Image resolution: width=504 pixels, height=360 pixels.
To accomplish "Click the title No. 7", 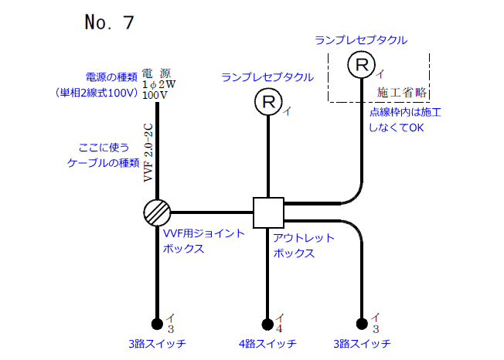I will tap(109, 22).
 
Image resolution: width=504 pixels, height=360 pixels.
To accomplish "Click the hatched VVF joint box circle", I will tap(157, 212).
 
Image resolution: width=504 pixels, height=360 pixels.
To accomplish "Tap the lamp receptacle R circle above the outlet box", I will tap(268, 100).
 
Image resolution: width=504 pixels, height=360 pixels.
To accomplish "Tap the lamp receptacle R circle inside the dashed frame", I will tap(361, 65).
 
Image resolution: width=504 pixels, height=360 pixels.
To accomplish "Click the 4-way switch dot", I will tap(268, 324).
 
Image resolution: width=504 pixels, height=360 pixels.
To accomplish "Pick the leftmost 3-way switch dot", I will tap(157, 324).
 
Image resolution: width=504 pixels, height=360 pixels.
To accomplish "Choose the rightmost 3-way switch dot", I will tap(361, 324).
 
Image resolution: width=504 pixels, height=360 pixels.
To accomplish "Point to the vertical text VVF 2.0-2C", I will tap(149, 151).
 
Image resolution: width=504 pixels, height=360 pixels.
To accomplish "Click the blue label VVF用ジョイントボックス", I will tap(203, 240).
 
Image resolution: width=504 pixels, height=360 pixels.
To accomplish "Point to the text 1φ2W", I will tap(159, 85).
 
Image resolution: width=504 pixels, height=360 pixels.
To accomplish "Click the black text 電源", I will tap(158, 74).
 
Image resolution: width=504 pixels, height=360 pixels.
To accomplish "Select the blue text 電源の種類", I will tap(111, 77).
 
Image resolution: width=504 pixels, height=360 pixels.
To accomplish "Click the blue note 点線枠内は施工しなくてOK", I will tap(405, 120).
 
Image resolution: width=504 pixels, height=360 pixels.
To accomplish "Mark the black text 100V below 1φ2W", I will tap(155, 96).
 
